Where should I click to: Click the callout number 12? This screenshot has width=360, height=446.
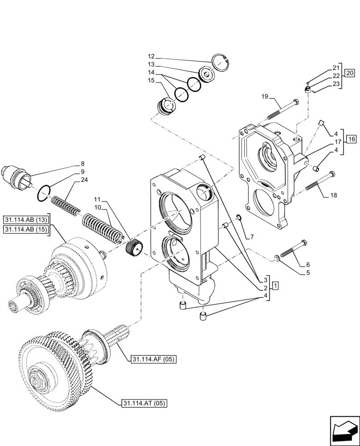pos(151,57)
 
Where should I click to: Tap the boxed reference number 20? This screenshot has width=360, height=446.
pos(350,73)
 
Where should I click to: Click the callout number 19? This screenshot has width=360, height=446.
pos(264,96)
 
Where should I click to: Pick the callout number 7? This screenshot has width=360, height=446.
pos(252,235)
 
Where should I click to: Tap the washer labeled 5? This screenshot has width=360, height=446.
pos(277,257)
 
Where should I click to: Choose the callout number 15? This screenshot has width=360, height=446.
pos(151,80)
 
